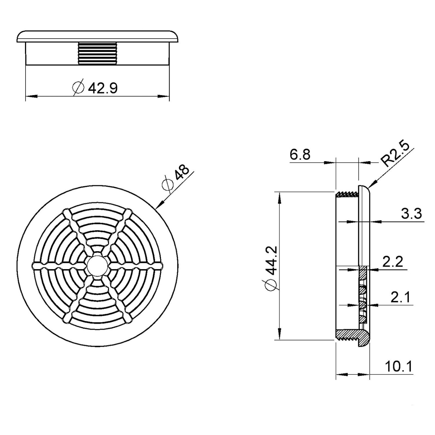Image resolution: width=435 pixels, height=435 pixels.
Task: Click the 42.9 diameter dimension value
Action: (x=103, y=88)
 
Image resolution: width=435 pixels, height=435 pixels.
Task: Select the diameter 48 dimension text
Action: (x=182, y=174)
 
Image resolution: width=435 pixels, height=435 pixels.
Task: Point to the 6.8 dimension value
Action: (x=300, y=155)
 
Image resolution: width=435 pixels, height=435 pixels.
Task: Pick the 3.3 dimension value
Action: (x=412, y=214)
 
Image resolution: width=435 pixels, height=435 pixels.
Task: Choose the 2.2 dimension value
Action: (x=393, y=262)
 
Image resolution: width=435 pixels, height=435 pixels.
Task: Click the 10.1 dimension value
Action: (x=398, y=367)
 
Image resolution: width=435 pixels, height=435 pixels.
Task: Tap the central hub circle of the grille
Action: (x=97, y=265)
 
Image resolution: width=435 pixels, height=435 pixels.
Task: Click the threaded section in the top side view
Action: (x=97, y=53)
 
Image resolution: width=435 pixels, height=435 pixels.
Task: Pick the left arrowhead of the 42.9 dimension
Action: (x=30, y=96)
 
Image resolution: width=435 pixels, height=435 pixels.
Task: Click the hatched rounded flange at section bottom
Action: (x=364, y=339)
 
